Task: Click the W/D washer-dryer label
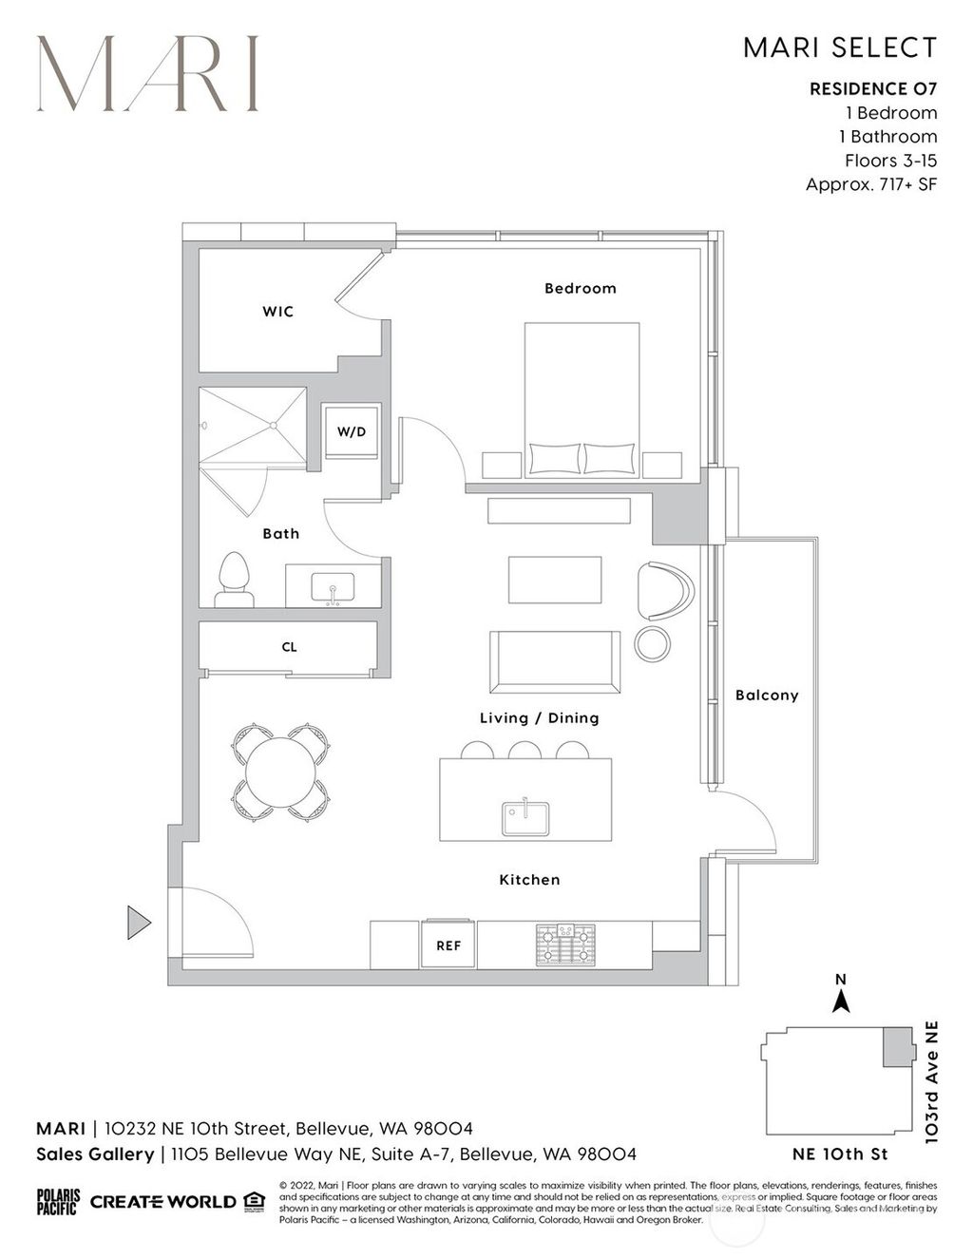click(x=351, y=432)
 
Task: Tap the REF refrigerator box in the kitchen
click(x=448, y=945)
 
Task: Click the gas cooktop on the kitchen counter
click(x=564, y=944)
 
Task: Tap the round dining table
click(x=282, y=773)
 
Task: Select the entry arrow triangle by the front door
click(x=139, y=922)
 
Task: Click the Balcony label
click(x=767, y=696)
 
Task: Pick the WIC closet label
click(x=277, y=312)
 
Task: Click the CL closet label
click(x=289, y=647)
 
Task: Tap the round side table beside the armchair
click(x=653, y=643)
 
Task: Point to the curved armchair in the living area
click(x=666, y=591)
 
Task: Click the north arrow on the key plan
click(x=840, y=1001)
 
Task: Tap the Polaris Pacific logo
click(x=58, y=1202)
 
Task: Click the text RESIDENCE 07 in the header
click(x=873, y=89)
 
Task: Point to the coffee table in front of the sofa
click(x=555, y=580)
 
